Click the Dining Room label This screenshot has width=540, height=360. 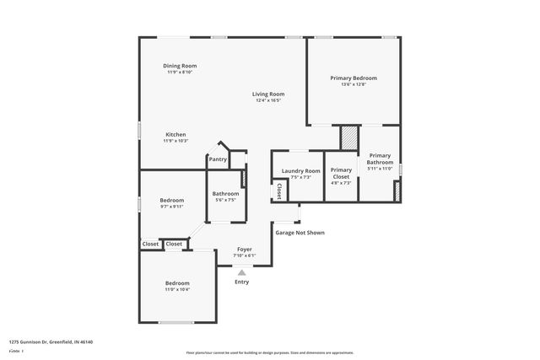[180, 66]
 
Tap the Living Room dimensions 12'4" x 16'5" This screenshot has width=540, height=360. [268, 100]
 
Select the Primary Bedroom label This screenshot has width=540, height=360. [353, 78]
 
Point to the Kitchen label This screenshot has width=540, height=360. [175, 135]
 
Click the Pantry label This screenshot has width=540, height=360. [218, 159]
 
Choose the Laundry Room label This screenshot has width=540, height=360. [301, 171]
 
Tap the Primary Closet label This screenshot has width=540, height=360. [341, 173]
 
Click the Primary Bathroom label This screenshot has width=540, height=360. [380, 159]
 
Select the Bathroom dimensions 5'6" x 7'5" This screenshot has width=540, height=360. [225, 200]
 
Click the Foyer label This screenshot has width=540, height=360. [244, 250]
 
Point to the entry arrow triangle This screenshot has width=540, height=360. [242, 272]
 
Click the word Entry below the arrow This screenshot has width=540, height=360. [242, 282]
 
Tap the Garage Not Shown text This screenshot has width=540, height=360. [299, 233]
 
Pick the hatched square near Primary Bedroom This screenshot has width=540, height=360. [349, 137]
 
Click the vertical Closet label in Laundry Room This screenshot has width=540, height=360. [278, 191]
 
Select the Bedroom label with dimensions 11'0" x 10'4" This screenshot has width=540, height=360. [177, 283]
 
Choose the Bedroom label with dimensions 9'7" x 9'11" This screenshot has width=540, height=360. [171, 200]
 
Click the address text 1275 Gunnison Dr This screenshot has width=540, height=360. [51, 341]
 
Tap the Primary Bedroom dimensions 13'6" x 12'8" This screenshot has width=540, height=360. [353, 84]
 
